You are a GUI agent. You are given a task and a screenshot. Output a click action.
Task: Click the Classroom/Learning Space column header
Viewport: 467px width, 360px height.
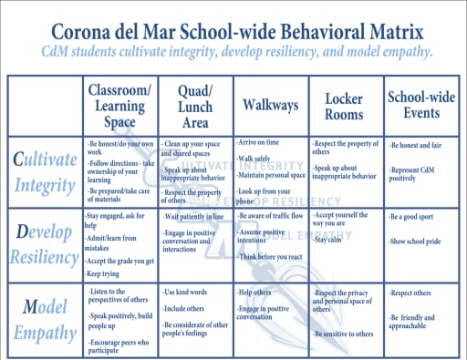point(119,105)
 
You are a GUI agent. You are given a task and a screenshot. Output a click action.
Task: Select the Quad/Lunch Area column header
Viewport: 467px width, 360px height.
point(195,105)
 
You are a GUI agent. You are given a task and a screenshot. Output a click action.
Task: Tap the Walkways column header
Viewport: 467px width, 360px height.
point(270,105)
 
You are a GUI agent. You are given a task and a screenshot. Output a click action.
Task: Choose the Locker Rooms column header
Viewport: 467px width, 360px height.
point(346,105)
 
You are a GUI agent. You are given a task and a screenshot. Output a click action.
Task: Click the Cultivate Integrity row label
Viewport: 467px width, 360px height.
point(45,173)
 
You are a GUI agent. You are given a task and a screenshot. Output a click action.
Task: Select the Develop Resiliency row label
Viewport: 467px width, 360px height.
point(45,244)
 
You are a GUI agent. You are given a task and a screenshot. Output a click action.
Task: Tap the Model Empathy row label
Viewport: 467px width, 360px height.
point(45,318)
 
